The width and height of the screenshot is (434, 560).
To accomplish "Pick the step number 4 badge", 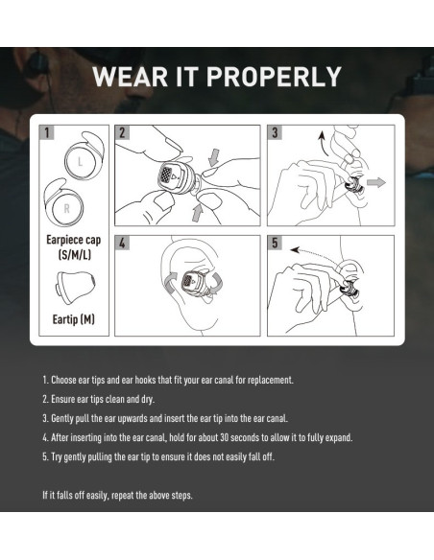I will click(123, 244).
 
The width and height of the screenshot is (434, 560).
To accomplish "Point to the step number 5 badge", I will click(276, 244).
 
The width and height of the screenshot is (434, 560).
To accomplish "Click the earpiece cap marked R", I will click(70, 205).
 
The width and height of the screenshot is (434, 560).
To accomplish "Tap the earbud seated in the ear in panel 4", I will click(189, 284).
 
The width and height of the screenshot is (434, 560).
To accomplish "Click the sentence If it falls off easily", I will click(118, 495).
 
